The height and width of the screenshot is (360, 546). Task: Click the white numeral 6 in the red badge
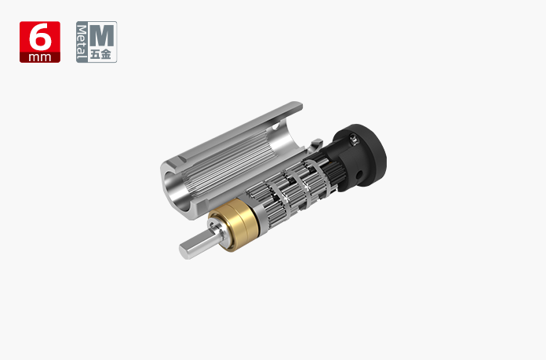(x=40, y=37)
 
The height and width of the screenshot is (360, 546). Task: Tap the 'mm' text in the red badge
(x=40, y=57)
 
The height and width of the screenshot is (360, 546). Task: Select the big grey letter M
(x=101, y=35)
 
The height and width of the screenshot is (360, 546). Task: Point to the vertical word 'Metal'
(x=82, y=42)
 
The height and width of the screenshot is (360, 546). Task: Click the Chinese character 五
(x=96, y=54)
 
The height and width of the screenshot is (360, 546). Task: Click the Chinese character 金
(x=106, y=54)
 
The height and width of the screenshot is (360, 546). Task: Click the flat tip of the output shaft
(x=184, y=252)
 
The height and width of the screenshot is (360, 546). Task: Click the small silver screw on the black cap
(x=354, y=140)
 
